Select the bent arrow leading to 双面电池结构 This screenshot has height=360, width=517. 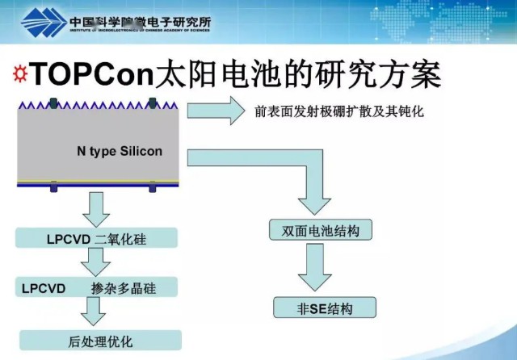pos(307,182)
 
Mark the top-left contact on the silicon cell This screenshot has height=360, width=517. pos(53,103)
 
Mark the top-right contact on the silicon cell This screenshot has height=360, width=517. pos(151,103)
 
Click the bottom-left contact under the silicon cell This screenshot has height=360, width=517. pos(53,188)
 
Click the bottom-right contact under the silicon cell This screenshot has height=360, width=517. pos(151,188)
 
